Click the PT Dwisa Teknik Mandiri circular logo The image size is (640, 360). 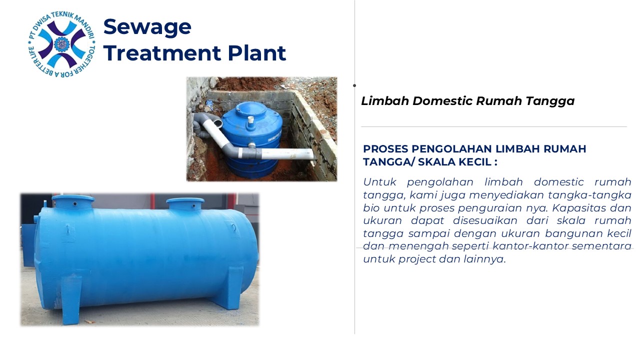61,44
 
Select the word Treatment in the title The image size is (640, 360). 162,53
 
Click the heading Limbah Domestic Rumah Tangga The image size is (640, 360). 467,101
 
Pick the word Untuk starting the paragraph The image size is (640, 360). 379,182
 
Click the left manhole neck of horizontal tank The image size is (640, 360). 73,202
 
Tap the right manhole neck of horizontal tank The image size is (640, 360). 185,204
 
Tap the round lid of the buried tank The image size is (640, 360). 250,108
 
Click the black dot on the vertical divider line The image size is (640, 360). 354,85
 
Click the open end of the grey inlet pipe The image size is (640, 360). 217,123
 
